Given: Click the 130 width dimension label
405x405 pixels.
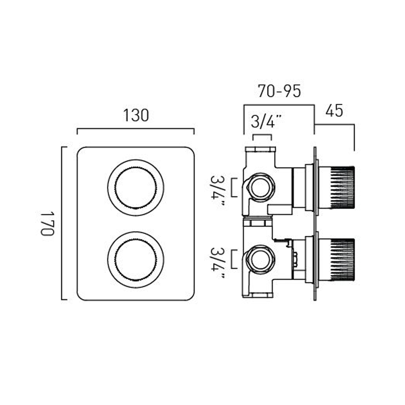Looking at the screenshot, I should click(x=136, y=115).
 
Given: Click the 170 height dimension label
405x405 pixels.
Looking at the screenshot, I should click(x=48, y=224).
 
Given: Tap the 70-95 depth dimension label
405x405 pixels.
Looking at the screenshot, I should click(x=279, y=91).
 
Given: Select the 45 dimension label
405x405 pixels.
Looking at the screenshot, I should click(x=334, y=111).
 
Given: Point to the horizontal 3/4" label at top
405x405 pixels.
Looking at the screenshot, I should click(x=266, y=122).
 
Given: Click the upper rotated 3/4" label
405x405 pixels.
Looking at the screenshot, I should click(x=218, y=191).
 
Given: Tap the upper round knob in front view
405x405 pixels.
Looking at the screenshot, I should click(x=136, y=188).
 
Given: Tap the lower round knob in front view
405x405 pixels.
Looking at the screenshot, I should click(x=136, y=260).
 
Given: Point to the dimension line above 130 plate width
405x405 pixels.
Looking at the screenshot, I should click(x=136, y=129).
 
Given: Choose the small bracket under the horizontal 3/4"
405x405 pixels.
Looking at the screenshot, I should click(x=262, y=135).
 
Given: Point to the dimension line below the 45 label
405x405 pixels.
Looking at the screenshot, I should click(x=335, y=124).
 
